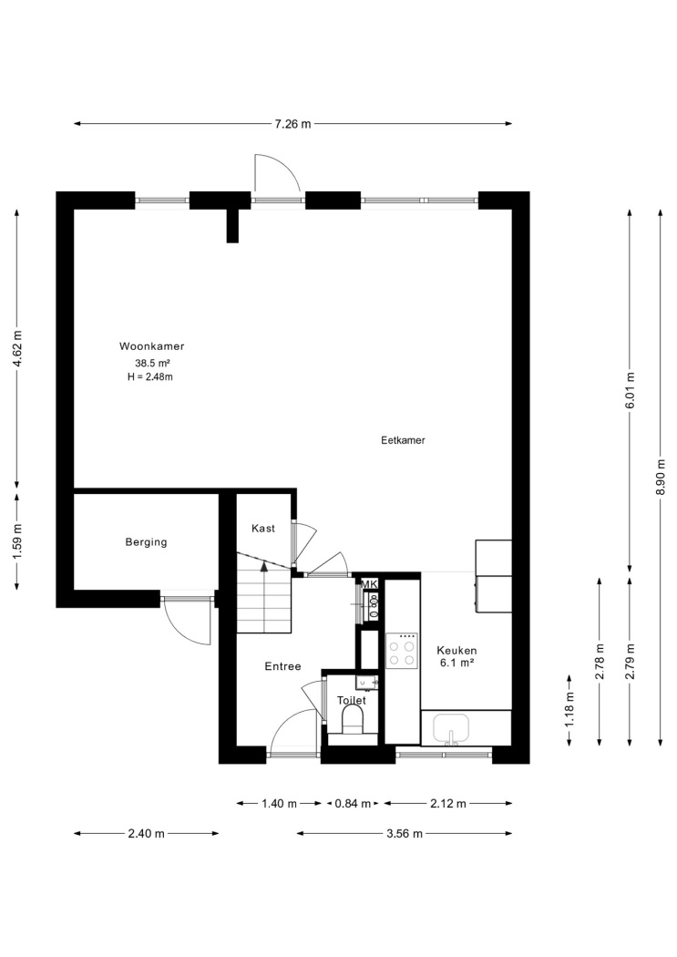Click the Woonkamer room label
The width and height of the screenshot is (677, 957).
coord(151,346)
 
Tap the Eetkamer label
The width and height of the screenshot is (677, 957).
coord(403,440)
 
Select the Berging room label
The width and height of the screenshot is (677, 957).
coord(146,542)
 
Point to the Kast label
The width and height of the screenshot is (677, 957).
coord(263,529)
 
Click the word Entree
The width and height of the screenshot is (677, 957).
coord(283,666)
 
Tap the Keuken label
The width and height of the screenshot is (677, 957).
coord(456,651)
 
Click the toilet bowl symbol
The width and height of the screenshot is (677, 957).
coord(353,720)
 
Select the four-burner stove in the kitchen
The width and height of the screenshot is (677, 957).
coord(402,652)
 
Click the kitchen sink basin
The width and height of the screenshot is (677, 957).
coord(451,728)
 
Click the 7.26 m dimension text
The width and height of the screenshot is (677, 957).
coord(292,124)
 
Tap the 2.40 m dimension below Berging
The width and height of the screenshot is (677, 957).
coord(147,834)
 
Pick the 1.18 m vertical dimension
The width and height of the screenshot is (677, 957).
coord(569,710)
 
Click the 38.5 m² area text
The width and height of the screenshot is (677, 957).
coord(152,363)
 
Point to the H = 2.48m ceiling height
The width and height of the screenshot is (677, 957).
coord(150,377)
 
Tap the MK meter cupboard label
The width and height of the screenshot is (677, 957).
coord(370,585)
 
